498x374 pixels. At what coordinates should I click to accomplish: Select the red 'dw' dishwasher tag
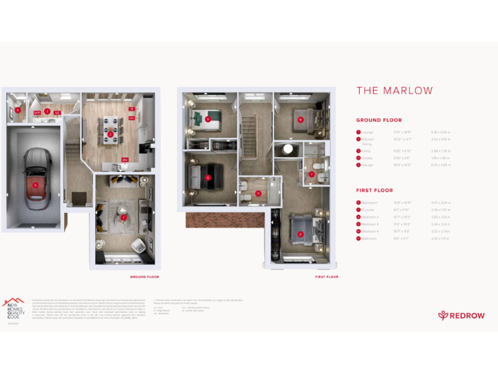click(124, 159)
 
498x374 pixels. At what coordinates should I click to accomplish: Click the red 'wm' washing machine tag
click(37, 113)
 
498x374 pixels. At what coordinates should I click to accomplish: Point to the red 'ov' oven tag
click(131, 118)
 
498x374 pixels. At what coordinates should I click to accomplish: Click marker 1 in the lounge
click(123, 217)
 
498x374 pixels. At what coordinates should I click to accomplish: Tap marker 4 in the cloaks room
click(18, 110)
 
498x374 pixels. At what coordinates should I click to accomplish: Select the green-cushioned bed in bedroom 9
click(207, 119)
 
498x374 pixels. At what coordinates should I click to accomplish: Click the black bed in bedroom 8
click(207, 176)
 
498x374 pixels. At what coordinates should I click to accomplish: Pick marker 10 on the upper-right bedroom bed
click(300, 119)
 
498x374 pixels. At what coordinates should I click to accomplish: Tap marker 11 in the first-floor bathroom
click(257, 193)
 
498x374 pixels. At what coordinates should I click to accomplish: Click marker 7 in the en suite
click(312, 173)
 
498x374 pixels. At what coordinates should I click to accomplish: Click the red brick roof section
click(222, 219)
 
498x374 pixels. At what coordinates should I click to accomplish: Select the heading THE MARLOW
click(394, 91)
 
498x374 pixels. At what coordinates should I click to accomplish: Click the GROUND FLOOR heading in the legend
click(379, 120)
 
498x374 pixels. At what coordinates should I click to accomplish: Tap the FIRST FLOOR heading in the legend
click(374, 190)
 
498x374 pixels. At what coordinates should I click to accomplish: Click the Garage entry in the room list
click(368, 166)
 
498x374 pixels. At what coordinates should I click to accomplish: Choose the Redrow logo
click(460, 315)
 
